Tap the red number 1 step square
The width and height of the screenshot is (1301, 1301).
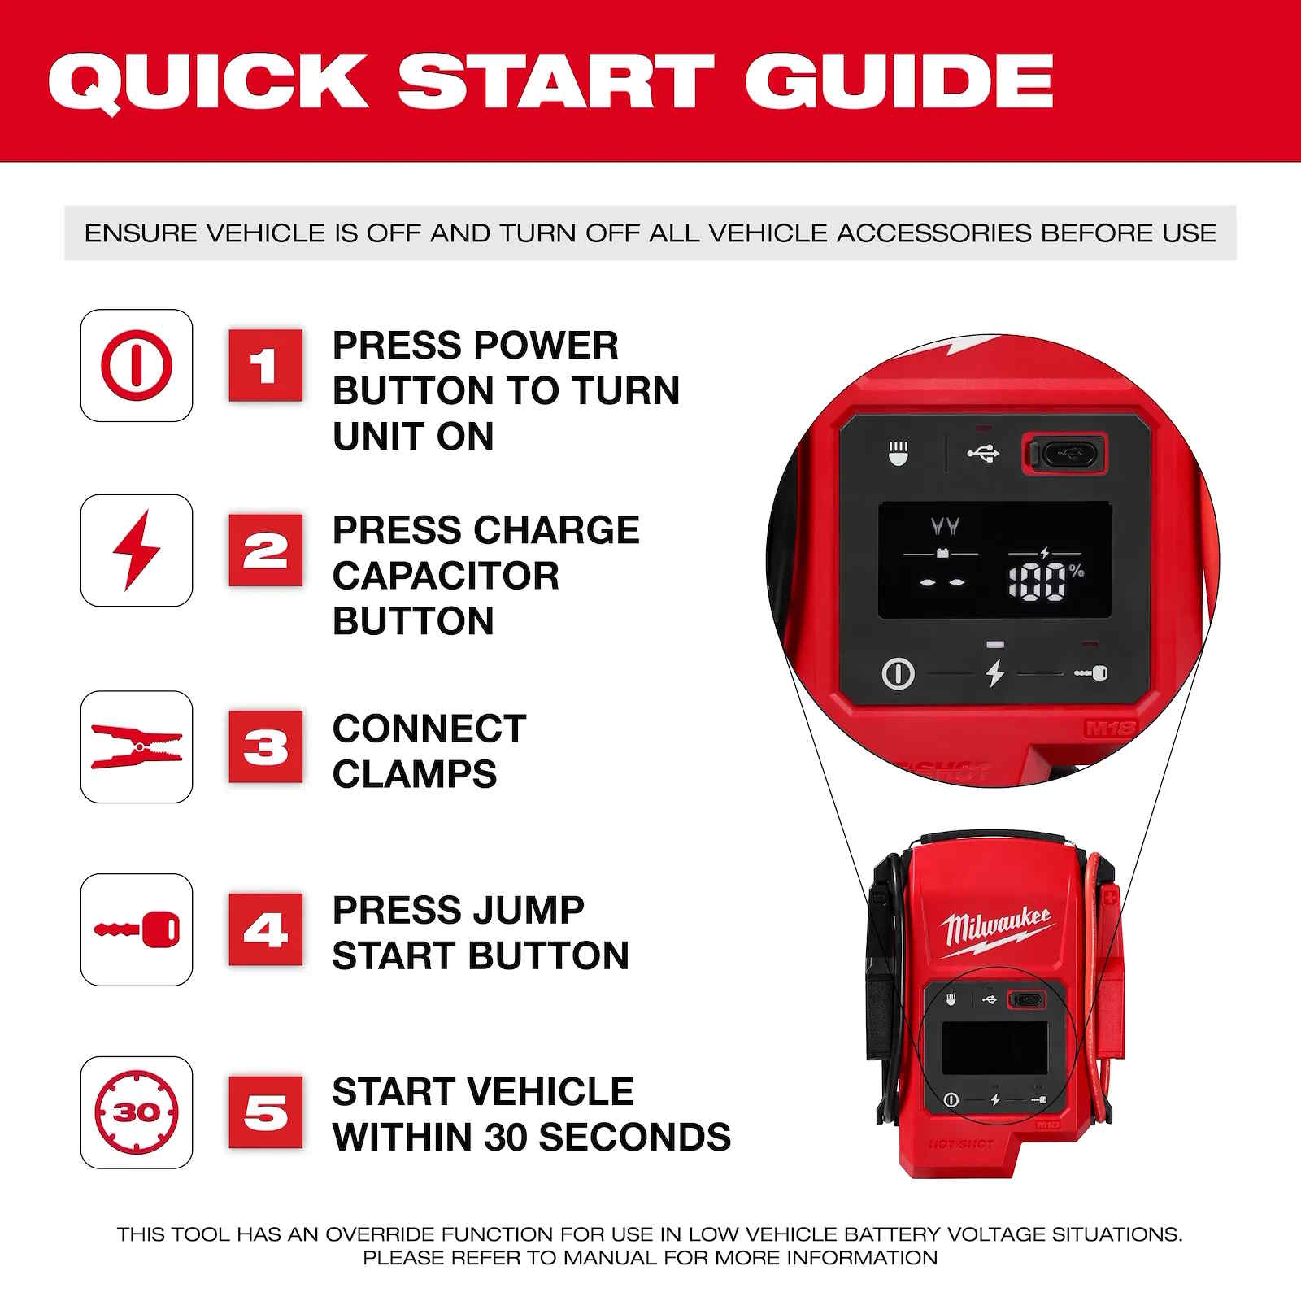tap(265, 365)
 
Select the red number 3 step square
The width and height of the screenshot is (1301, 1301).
tap(265, 746)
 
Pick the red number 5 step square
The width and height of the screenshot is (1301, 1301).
tap(265, 1112)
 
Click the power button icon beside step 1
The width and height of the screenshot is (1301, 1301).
tap(137, 365)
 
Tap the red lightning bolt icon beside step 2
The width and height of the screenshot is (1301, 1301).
tap(137, 550)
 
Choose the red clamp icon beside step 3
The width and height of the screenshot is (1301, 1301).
tap(137, 746)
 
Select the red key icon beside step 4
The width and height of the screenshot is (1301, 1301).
tap(137, 929)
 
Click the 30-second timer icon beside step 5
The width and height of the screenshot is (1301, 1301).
tap(137, 1112)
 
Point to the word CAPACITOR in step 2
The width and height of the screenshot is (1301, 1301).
tap(446, 576)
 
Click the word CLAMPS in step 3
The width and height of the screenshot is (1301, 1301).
tap(414, 773)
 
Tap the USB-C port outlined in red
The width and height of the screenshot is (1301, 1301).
tap(1064, 454)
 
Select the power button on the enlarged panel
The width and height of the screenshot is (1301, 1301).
tap(898, 673)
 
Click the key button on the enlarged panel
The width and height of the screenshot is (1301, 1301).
tap(1090, 673)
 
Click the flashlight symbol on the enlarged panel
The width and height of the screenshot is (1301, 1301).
tap(899, 453)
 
